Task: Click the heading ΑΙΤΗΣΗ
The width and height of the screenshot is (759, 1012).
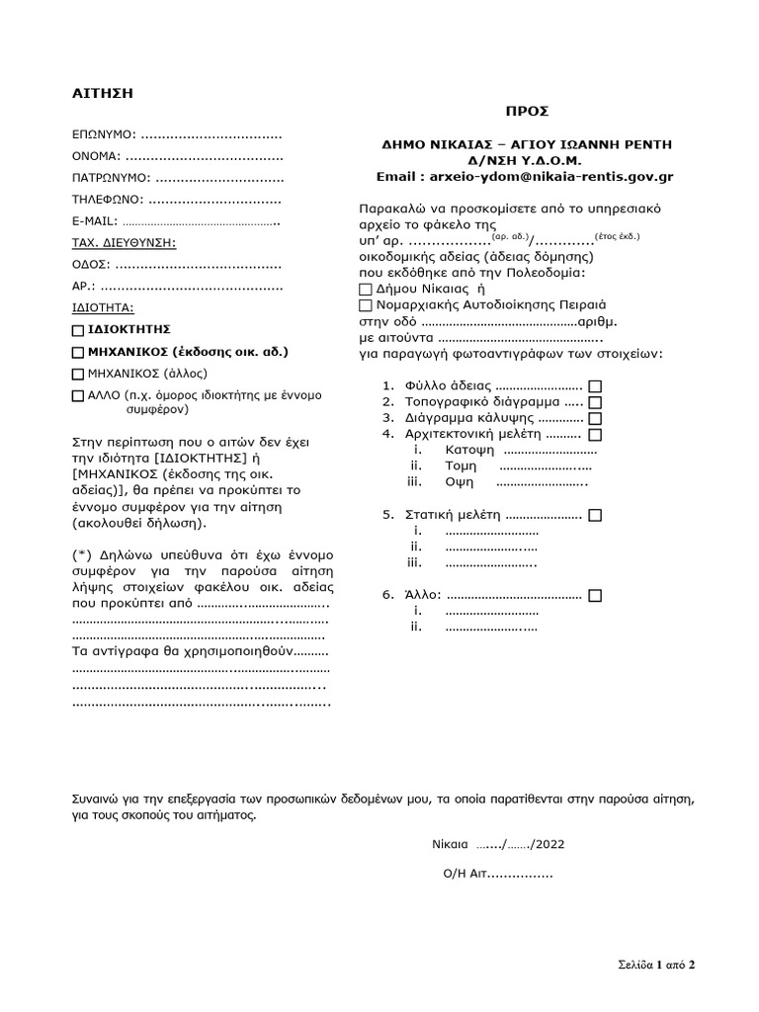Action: point(102,94)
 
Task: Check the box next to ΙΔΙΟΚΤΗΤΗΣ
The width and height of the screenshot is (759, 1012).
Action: point(79,330)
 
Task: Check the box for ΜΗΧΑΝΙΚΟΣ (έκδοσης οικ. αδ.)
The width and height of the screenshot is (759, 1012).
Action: point(79,352)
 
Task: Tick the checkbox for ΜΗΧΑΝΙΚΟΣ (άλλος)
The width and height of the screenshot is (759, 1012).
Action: point(79,375)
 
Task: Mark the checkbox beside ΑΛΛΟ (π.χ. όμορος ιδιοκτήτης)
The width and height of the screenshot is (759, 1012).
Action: point(79,396)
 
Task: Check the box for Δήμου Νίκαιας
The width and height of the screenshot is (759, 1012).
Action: point(366,290)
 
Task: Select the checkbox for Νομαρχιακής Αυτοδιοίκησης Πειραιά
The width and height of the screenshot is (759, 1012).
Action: point(366,306)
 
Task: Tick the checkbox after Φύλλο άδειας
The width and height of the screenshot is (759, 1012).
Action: point(595,386)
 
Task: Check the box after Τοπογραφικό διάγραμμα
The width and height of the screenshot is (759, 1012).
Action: point(595,402)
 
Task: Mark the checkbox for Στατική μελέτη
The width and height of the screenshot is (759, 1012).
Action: point(595,516)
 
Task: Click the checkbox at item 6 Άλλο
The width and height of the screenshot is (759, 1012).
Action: point(595,596)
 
